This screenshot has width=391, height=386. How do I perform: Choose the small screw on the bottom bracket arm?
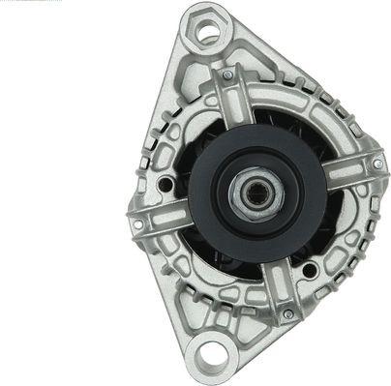[x=287, y=314]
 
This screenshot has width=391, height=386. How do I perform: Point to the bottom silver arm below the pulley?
[x=281, y=286]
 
